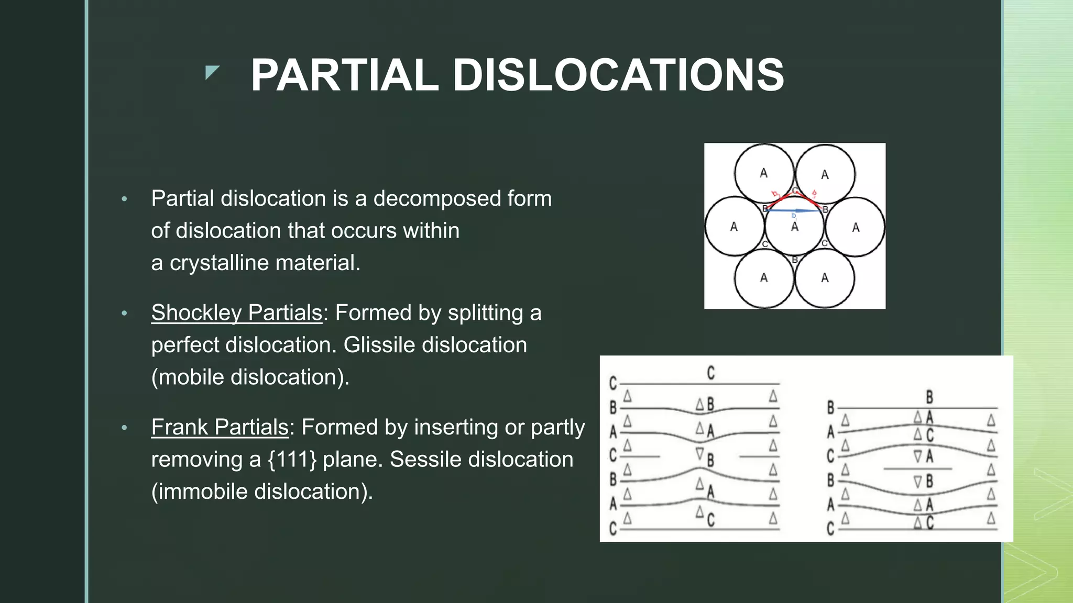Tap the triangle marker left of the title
[x=211, y=72]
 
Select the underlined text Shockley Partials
[x=236, y=313]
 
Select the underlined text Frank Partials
[x=220, y=427]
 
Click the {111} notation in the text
[x=292, y=460]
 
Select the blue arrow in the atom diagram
[x=794, y=210]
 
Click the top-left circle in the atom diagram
[x=763, y=173]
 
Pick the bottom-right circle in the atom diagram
[x=825, y=278]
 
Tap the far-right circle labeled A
[x=855, y=227]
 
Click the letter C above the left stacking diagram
[x=710, y=373]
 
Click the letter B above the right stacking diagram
[x=929, y=397]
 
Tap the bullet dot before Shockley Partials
[x=124, y=313]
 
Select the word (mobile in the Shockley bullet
[x=188, y=377]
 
